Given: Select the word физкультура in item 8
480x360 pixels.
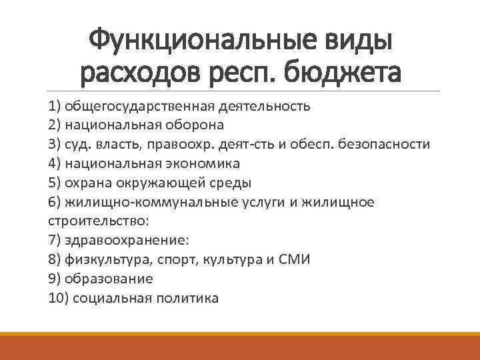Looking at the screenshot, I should tap(103, 259).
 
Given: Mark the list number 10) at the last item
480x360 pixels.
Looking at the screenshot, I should tap(58, 298).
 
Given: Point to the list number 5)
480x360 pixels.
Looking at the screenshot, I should tap(55, 183).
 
